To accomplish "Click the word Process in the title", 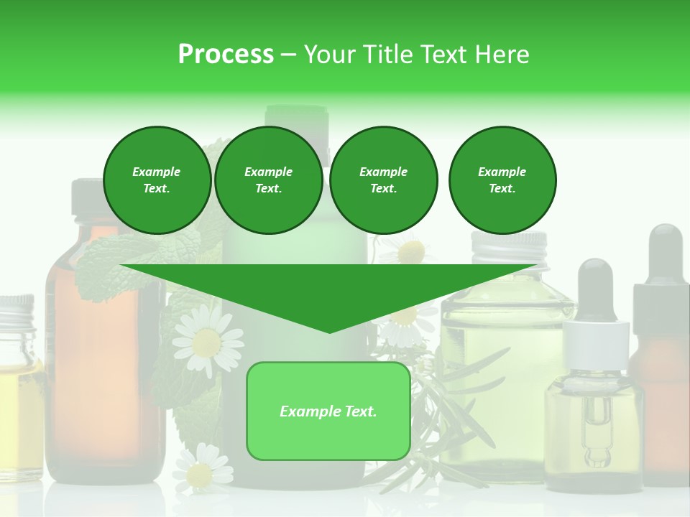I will click(x=226, y=55).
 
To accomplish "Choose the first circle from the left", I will click(x=157, y=180).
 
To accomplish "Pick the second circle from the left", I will click(x=268, y=180).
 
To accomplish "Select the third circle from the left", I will click(x=383, y=180).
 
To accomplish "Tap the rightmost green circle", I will click(x=502, y=180).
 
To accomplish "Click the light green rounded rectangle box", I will click(x=328, y=411).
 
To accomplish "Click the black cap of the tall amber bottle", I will click(x=88, y=197).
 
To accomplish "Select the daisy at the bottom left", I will click(x=201, y=470).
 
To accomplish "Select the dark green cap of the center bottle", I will click(x=296, y=118).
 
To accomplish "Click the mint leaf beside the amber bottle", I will click(x=108, y=266).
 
